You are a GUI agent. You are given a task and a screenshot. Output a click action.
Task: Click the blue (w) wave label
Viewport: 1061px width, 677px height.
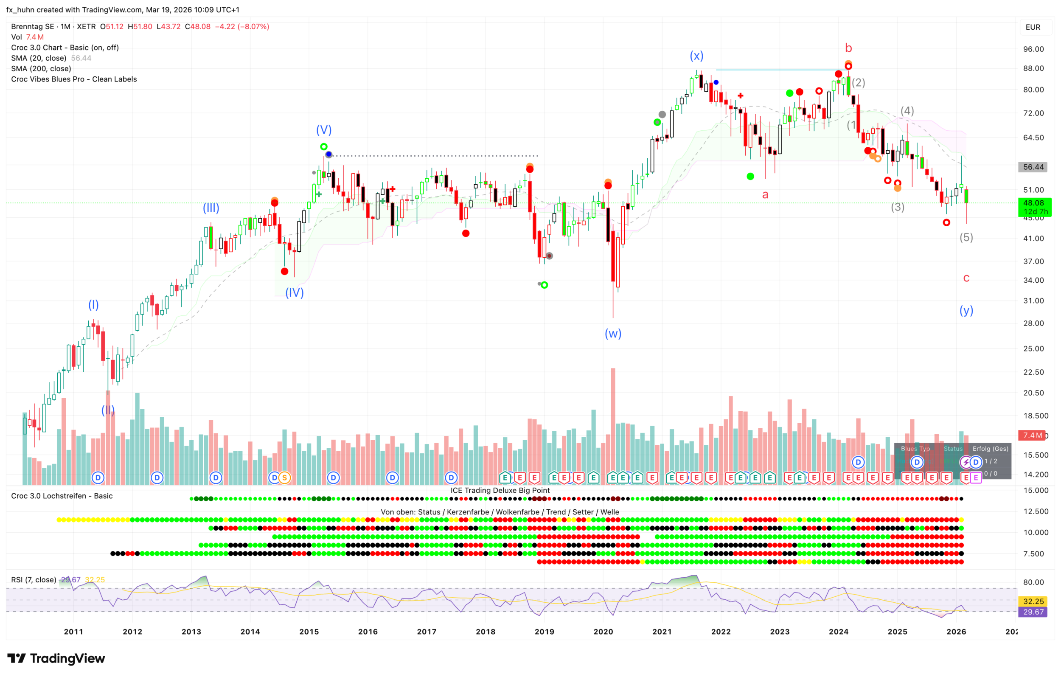[x=613, y=334]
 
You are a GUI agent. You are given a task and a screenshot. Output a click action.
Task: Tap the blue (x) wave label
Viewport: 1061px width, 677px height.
[x=696, y=56]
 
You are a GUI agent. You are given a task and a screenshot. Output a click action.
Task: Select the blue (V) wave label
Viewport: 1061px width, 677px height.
[x=324, y=130]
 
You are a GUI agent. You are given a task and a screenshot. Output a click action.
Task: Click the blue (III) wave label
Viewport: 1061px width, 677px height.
[x=211, y=208]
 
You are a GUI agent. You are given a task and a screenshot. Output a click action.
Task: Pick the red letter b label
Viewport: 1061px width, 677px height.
[x=849, y=48]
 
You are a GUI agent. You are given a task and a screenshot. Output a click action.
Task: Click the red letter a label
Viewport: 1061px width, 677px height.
[x=765, y=194]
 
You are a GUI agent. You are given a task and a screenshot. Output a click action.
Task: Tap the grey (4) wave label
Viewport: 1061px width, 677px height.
[x=907, y=111]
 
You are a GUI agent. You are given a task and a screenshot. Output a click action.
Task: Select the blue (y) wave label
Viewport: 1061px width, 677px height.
[x=966, y=310]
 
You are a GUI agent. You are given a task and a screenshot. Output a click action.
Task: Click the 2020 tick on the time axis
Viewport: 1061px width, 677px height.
[x=603, y=632]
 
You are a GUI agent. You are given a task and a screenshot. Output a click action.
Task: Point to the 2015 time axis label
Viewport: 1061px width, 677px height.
[x=309, y=632]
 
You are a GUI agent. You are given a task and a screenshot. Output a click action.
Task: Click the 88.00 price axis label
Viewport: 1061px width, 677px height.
[x=1033, y=68]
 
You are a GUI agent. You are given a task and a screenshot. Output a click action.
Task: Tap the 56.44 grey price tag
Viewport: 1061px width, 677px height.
[x=1033, y=167]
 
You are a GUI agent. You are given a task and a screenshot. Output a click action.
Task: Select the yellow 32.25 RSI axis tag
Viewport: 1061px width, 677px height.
[x=1033, y=601]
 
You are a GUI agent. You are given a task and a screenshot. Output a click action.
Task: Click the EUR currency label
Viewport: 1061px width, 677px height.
[x=1033, y=27]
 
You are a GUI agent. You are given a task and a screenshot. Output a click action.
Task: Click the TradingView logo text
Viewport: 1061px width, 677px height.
[x=67, y=658]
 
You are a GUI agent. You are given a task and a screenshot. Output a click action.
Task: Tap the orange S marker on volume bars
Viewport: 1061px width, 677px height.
[x=285, y=478]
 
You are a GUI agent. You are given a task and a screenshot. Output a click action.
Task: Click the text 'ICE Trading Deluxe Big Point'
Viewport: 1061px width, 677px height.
[x=500, y=490]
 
